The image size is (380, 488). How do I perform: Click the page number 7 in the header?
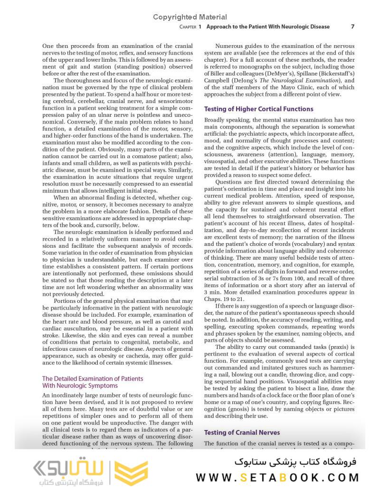coord(352,27)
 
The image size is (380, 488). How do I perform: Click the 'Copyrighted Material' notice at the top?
coord(190,17)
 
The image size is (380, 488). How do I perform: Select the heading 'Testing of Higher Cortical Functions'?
coord(258,109)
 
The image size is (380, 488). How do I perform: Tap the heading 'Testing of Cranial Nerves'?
coord(242,432)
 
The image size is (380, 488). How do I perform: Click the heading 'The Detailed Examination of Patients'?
coord(93,379)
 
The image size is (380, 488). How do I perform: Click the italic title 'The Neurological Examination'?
coord(299,80)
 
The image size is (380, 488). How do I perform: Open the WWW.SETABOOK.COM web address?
coord(277,477)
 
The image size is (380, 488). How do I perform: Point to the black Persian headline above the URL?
coord(294,461)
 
